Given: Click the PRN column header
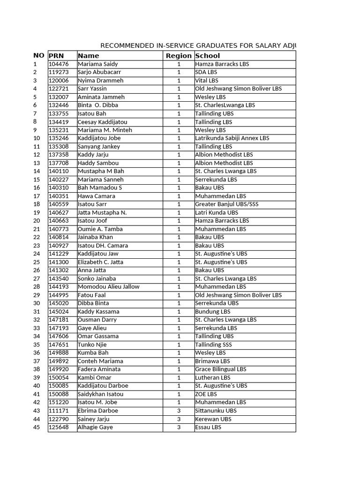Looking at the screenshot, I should (x=56, y=56).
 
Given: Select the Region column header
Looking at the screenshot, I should (x=179, y=56).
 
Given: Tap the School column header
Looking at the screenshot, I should (x=208, y=56).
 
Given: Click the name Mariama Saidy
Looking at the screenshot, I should (x=97, y=64).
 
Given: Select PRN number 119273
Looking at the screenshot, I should (x=59, y=72).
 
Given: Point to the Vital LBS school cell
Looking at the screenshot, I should (x=207, y=81).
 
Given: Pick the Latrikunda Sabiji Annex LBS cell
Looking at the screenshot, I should (x=232, y=138).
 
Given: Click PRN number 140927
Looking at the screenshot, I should (x=59, y=246).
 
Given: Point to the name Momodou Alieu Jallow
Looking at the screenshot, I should (x=108, y=287).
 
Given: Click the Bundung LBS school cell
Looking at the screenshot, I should (x=213, y=312).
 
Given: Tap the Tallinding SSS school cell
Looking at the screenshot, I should (x=213, y=345).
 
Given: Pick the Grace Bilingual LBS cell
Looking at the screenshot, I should (x=220, y=369).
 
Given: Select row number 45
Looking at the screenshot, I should (x=37, y=427).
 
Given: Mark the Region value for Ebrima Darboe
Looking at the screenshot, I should (x=179, y=411).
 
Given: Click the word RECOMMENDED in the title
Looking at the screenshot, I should (x=127, y=45).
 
